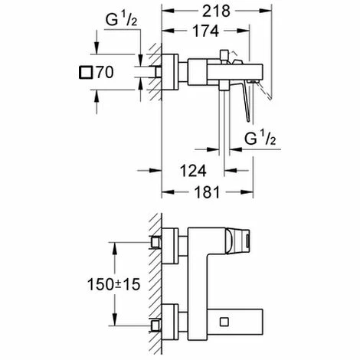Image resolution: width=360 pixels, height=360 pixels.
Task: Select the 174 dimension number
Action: tap(202, 31)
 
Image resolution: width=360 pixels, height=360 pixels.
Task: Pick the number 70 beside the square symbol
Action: tap(106, 74)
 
